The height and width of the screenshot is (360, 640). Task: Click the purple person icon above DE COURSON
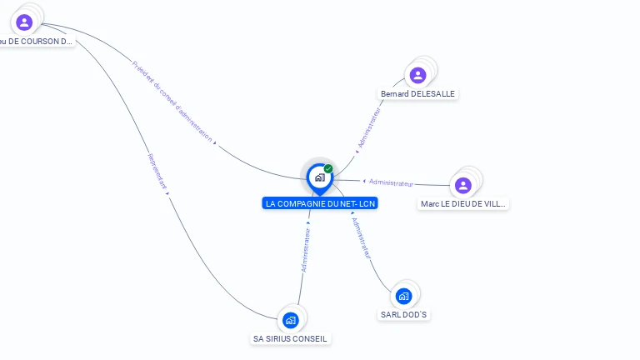(24, 22)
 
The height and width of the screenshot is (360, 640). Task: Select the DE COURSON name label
(37, 41)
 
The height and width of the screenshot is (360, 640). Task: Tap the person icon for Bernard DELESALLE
(417, 76)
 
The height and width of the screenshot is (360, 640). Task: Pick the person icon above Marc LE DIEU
(463, 185)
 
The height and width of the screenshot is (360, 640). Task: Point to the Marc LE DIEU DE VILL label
(463, 203)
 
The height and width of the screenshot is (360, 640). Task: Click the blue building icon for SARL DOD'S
(403, 296)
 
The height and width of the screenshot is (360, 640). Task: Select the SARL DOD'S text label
(405, 315)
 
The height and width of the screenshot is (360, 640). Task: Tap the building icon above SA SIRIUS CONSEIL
(290, 320)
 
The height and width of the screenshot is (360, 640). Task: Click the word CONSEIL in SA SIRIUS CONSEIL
(309, 339)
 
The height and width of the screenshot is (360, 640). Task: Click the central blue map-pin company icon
(319, 177)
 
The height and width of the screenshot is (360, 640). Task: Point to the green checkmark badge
(328, 169)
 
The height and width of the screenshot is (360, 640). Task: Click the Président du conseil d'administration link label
(172, 102)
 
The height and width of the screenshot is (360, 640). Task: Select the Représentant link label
(157, 171)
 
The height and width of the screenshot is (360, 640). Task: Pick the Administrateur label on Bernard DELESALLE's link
(368, 127)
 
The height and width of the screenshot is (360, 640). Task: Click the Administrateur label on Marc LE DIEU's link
(391, 182)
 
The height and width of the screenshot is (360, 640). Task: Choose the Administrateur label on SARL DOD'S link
(361, 238)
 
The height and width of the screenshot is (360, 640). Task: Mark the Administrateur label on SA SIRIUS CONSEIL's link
(306, 251)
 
